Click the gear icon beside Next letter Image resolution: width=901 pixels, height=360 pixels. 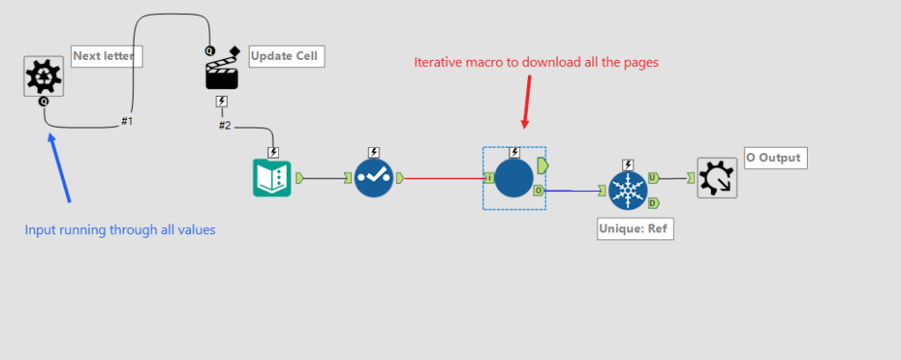[x=44, y=77]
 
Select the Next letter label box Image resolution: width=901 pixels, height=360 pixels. [x=106, y=56]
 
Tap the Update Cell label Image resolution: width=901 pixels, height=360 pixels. [x=288, y=56]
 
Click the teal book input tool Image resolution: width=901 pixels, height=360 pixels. [x=273, y=179]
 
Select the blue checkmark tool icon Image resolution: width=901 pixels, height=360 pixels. [x=373, y=179]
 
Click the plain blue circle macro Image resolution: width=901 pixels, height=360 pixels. [x=514, y=179]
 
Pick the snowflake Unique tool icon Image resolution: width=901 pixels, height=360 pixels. [x=628, y=190]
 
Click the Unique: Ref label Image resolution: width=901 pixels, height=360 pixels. [x=635, y=229]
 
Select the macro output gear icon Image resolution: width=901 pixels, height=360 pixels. [x=717, y=179]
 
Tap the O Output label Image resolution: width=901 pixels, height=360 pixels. [x=776, y=158]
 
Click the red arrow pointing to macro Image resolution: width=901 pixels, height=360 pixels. [x=527, y=102]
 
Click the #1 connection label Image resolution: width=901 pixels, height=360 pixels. [x=127, y=121]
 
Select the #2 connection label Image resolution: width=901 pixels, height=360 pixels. [x=224, y=125]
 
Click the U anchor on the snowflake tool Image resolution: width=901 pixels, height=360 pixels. [x=654, y=178]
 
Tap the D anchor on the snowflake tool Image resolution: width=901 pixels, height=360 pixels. [x=654, y=202]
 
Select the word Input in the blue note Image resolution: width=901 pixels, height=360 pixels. [x=40, y=230]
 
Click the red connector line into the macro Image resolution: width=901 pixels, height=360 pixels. [x=444, y=179]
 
